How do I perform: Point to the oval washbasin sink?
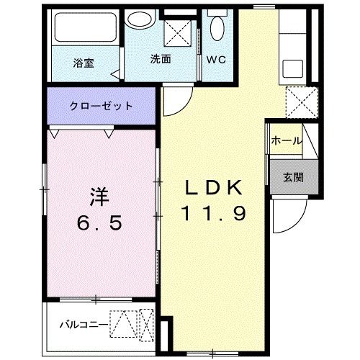140,20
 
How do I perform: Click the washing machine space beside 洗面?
179,33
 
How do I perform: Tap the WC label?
217,60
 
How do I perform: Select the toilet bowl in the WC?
217,29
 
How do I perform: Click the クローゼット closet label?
101,105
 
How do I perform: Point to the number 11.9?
215,214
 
